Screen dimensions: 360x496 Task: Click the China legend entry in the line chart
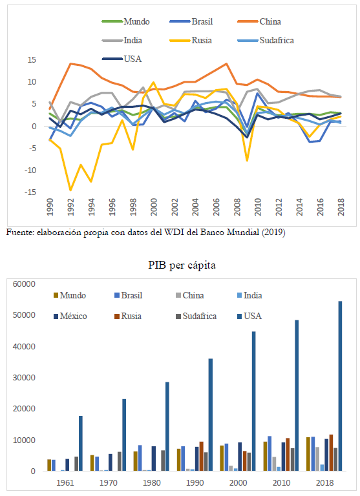click(x=259, y=21)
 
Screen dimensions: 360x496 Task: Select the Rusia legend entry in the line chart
click(x=191, y=41)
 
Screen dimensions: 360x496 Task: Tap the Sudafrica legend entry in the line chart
click(x=266, y=41)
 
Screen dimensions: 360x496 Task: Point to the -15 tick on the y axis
click(x=30, y=192)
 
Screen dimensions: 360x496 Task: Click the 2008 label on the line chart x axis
click(x=237, y=207)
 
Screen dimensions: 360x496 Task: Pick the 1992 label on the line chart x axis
click(x=70, y=207)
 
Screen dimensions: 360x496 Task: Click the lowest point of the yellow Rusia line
click(x=70, y=190)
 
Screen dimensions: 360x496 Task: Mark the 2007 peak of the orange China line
click(x=226, y=63)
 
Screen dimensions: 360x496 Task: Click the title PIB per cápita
click(x=182, y=265)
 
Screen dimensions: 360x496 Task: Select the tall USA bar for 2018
click(x=340, y=386)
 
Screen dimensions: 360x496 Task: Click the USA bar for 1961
click(x=81, y=444)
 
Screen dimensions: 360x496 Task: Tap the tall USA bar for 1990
click(x=211, y=415)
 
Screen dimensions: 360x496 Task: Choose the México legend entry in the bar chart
click(x=70, y=316)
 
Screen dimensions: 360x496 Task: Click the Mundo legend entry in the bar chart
click(x=70, y=295)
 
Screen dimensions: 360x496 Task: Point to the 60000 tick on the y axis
click(x=24, y=284)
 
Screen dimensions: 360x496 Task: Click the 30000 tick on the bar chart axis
click(x=24, y=378)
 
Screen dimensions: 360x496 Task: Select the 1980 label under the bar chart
click(x=152, y=483)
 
